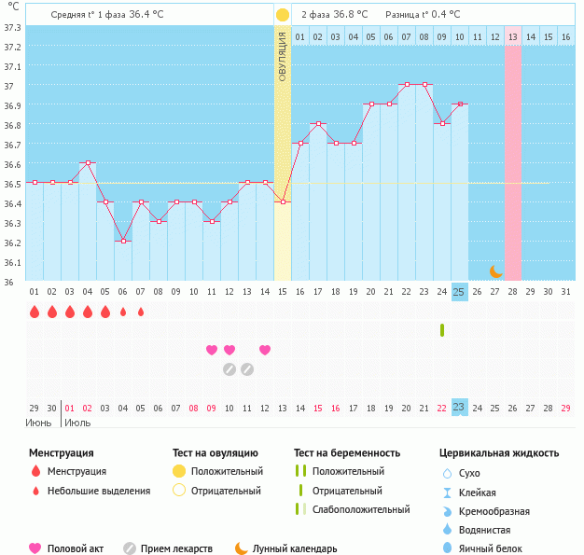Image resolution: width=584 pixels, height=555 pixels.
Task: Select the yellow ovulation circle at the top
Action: [x=283, y=15]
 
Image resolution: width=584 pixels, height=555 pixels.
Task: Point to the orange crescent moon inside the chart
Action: [x=496, y=271]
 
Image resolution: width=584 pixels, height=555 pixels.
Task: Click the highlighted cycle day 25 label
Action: [x=459, y=292]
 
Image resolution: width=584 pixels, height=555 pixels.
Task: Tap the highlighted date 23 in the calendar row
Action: [x=459, y=408]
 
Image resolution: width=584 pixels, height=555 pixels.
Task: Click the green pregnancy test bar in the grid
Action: [x=441, y=330]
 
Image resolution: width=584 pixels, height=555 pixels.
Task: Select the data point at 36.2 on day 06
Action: [x=123, y=241]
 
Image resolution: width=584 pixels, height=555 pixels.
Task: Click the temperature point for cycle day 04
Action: [x=88, y=162]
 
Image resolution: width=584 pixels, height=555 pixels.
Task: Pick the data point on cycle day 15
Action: [x=283, y=201]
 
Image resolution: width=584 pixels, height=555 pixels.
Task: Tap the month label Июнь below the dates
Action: [x=39, y=423]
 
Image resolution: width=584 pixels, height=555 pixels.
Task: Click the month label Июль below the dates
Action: [x=77, y=423]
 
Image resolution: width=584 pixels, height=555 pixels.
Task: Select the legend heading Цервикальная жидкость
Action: [x=499, y=453]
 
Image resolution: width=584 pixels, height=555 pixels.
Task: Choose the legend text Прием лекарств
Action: [x=176, y=548]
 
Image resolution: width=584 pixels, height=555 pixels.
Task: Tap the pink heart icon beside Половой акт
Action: [x=35, y=548]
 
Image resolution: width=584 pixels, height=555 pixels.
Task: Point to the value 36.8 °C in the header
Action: [x=348, y=15]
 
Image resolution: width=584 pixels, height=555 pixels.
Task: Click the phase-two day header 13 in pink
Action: [x=513, y=36]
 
